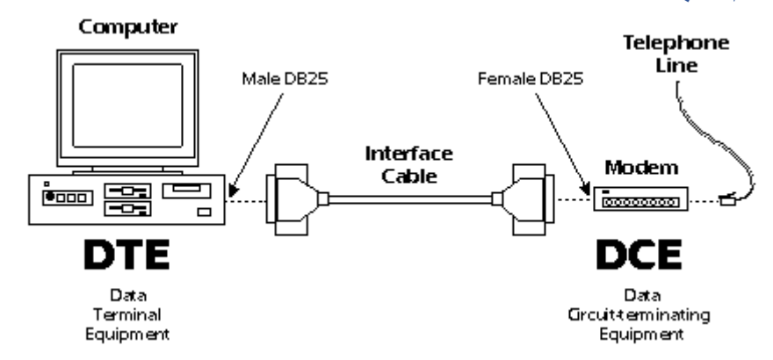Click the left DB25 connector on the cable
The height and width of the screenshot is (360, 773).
pyautogui.click(x=292, y=200)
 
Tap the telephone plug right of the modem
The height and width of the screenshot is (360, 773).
pyautogui.click(x=727, y=199)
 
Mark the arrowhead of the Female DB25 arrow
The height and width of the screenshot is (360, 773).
pyautogui.click(x=586, y=188)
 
